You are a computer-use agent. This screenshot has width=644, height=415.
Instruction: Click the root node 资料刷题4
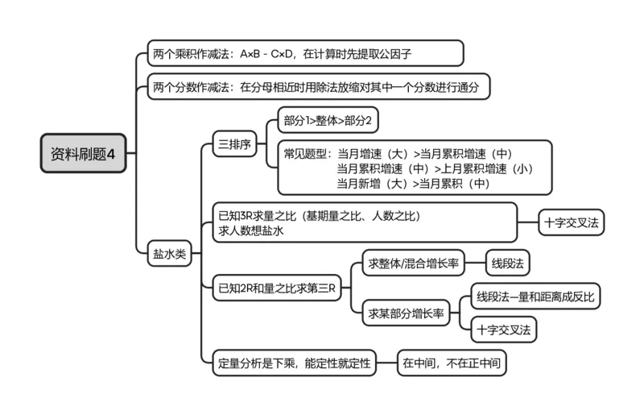click(x=84, y=153)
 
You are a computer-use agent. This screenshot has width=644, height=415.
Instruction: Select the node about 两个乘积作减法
click(x=306, y=53)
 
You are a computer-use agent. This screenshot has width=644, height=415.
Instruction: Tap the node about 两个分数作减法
click(x=319, y=87)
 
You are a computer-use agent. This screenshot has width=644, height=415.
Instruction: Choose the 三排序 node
click(x=234, y=146)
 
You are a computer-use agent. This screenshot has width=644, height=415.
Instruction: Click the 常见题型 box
click(x=415, y=168)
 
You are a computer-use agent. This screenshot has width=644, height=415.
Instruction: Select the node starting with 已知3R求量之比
click(x=366, y=222)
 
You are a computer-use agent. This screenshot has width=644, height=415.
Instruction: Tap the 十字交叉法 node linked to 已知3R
click(x=572, y=222)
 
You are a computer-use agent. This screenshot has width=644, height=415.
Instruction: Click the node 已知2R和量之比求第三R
click(x=277, y=286)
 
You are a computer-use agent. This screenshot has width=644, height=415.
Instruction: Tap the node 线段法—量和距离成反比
click(x=535, y=296)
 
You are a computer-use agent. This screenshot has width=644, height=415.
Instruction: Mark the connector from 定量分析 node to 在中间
click(x=388, y=363)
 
